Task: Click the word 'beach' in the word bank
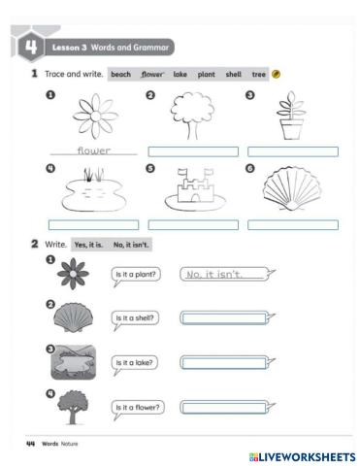point(120,74)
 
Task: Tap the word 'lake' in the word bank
point(180,74)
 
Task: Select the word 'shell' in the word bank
point(234,74)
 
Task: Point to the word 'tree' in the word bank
point(258,74)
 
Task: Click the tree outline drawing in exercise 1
point(191,116)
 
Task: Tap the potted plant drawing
point(292,117)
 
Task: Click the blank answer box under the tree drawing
point(192,150)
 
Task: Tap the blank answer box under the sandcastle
point(192,224)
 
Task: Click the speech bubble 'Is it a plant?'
point(136,276)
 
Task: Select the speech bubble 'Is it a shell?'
point(136,318)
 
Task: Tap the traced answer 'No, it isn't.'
point(224,276)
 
